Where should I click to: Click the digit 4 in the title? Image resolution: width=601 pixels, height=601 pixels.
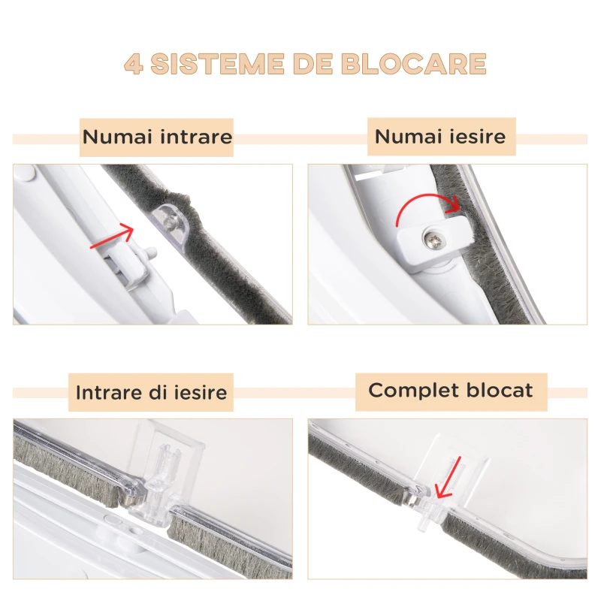[x=133, y=64]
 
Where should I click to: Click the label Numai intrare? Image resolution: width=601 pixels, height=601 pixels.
[x=157, y=137]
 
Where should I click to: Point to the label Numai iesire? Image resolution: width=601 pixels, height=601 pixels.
[x=440, y=137]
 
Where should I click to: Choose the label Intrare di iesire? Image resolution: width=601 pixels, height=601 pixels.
[x=151, y=392]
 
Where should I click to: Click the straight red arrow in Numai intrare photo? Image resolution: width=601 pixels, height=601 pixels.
[x=111, y=237]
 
